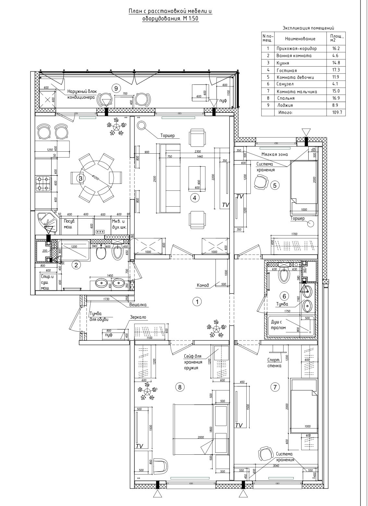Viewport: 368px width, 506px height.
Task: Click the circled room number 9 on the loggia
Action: pos(116,87)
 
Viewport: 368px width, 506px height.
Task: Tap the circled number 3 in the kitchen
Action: pos(81,178)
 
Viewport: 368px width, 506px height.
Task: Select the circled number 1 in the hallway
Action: pos(197,301)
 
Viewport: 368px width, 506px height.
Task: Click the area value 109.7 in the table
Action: pos(332,112)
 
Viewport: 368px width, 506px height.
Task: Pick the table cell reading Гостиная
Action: pos(287,70)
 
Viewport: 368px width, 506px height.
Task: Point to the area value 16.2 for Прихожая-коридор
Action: pos(332,48)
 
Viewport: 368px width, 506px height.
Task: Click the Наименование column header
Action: pos(300,39)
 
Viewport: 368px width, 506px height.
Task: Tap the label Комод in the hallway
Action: pos(203,286)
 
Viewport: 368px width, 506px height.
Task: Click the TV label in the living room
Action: pos(226,205)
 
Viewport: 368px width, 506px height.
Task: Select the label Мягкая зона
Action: pos(275,154)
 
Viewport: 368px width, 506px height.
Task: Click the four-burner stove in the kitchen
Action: pos(43,183)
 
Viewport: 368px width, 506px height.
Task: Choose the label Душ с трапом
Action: pos(278,325)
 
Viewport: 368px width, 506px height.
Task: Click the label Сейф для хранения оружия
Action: pos(193,362)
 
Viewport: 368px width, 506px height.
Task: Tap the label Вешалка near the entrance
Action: pos(138,305)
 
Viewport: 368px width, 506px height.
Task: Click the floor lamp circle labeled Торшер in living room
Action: pos(141,125)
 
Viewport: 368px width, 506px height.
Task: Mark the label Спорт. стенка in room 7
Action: pos(274,362)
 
